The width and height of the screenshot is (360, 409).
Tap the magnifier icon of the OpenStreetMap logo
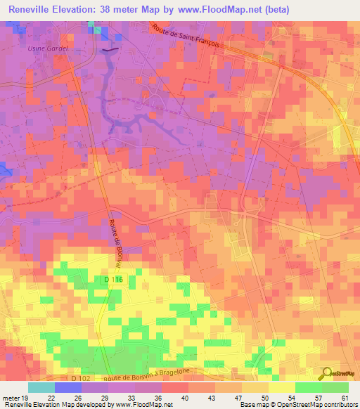[x=327, y=374]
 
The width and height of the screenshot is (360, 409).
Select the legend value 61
[x=344, y=396]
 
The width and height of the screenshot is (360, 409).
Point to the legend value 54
[x=281, y=396]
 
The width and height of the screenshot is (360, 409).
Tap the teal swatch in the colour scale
[x=41, y=387]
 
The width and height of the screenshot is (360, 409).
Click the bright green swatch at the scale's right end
[x=335, y=387]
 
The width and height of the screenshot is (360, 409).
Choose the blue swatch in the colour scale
[x=68, y=387]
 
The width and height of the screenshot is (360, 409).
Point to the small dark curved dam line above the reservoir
[x=110, y=51]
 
